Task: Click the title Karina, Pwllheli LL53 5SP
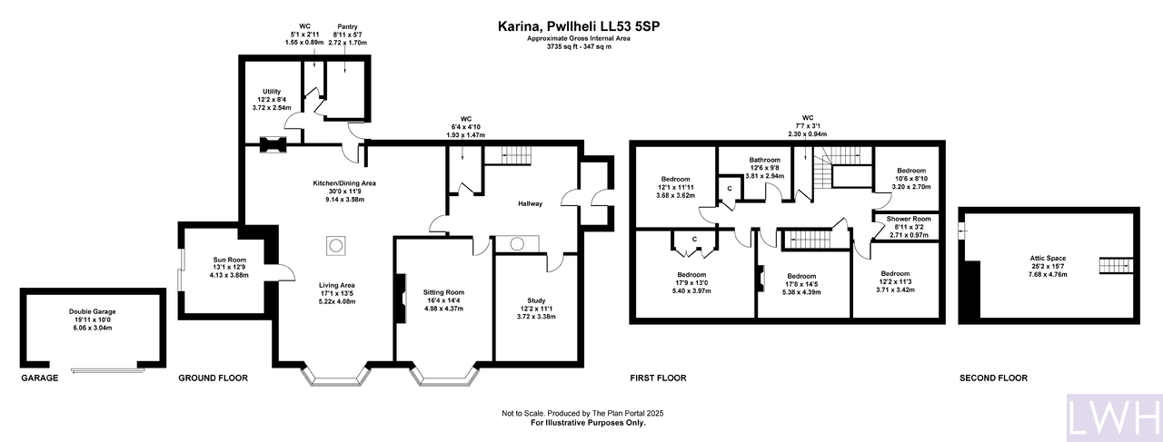579,26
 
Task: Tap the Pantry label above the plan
347,27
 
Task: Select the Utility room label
272,92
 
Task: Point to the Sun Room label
230,260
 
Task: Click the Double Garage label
93,312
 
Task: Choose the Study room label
536,301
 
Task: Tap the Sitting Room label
443,292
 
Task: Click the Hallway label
530,204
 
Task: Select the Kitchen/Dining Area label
344,183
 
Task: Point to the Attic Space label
1048,259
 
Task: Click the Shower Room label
909,219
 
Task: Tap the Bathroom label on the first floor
765,160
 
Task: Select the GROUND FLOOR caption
213,378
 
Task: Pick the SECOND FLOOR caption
993,378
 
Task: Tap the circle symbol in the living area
335,245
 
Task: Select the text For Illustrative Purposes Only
588,423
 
